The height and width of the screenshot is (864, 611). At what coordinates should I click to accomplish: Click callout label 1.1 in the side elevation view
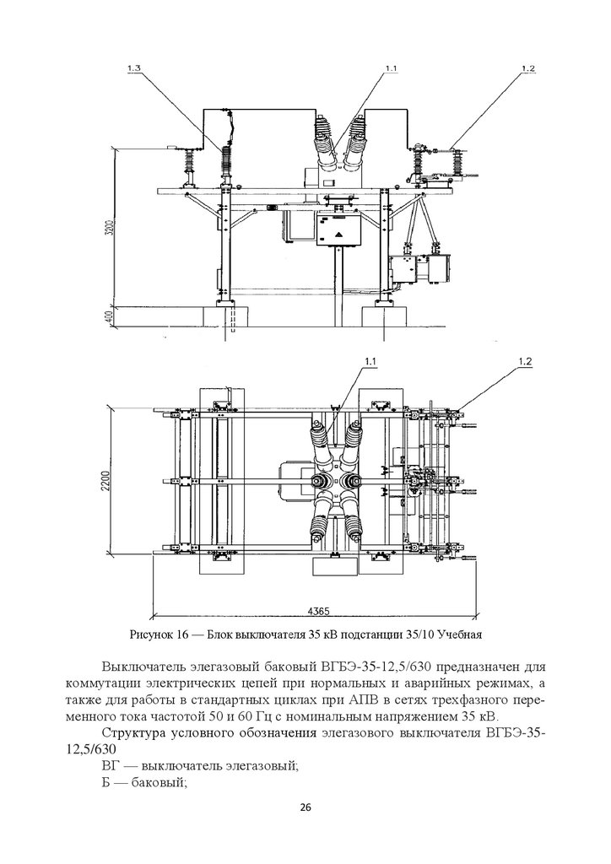pyautogui.click(x=391, y=67)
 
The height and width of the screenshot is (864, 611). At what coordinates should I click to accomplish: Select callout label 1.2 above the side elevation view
pyautogui.click(x=527, y=68)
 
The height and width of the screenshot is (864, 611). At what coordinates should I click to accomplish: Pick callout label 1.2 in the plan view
pyautogui.click(x=525, y=361)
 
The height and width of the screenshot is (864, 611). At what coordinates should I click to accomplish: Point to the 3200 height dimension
pyautogui.click(x=110, y=226)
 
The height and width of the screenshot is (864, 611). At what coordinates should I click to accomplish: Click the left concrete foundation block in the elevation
pyautogui.click(x=226, y=316)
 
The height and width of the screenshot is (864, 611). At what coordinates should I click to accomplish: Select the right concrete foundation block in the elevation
pyautogui.click(x=384, y=316)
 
